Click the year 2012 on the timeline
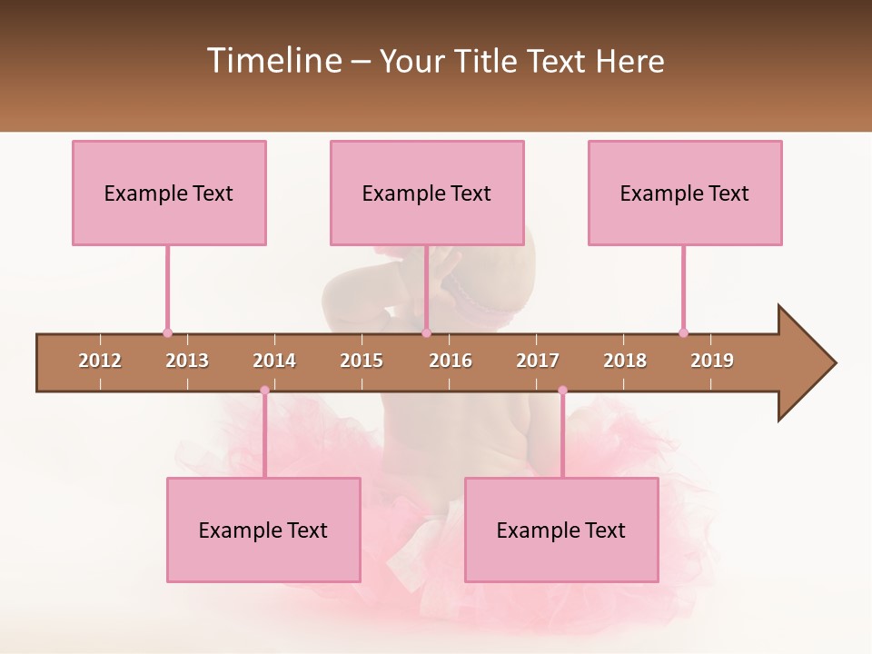click(100, 361)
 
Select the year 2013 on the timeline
click(187, 361)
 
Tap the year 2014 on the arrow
click(274, 361)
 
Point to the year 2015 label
click(362, 361)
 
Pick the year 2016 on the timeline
click(451, 361)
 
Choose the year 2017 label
click(538, 361)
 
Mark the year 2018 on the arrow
click(625, 361)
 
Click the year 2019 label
click(712, 361)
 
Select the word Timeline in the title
click(273, 61)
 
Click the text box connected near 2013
click(169, 193)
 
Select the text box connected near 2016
click(427, 193)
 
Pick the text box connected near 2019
click(685, 193)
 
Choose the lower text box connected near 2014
click(263, 530)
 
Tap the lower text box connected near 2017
click(561, 530)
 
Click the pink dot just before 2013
click(167, 332)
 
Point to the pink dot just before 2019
click(683, 332)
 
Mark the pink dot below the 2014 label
click(264, 391)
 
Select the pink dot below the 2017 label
click(562, 391)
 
